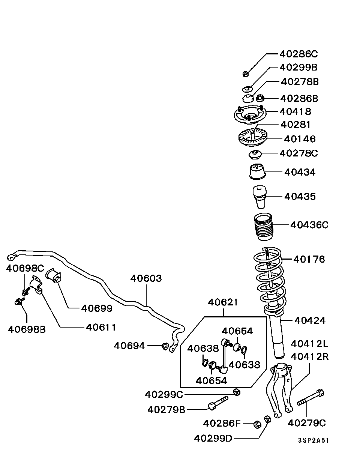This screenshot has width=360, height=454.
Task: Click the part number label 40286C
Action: [x=298, y=54]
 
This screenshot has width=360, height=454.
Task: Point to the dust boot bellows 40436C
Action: [x=263, y=227]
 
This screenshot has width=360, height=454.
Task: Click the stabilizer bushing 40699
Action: [x=55, y=276]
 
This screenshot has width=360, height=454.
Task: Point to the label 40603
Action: [x=146, y=278]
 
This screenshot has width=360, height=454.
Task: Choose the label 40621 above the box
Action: [x=223, y=302]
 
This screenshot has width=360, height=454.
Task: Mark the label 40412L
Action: [x=309, y=344]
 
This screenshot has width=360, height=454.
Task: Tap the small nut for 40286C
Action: [x=244, y=74]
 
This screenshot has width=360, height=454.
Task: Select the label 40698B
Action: [x=27, y=329]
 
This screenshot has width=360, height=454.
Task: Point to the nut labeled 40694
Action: [x=164, y=346]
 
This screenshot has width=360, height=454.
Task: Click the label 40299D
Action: [x=213, y=438]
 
